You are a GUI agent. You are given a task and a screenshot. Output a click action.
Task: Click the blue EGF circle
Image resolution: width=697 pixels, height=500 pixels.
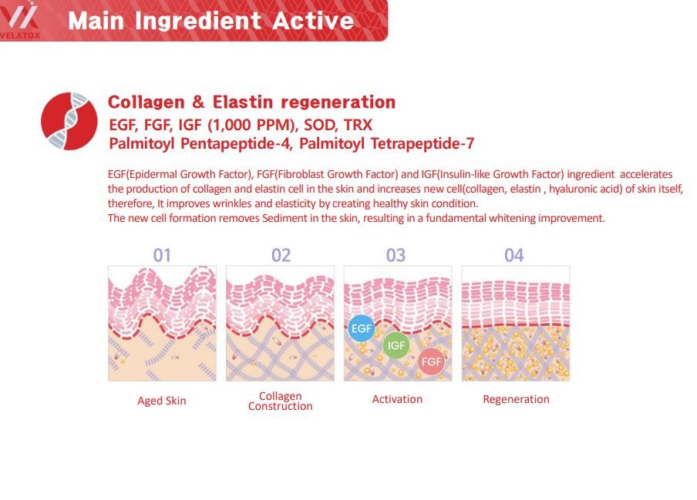click(x=362, y=328)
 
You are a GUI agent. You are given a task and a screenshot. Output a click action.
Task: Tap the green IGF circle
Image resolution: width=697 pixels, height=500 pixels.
click(x=396, y=345)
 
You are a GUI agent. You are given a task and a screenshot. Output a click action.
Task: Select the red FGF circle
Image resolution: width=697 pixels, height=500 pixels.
click(x=431, y=361)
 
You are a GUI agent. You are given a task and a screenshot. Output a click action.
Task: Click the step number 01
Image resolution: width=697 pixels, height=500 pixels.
click(x=162, y=255)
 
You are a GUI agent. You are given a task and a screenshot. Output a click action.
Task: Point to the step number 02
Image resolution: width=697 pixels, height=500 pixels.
click(x=281, y=255)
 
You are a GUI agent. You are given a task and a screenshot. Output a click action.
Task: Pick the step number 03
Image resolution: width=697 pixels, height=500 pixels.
click(x=396, y=255)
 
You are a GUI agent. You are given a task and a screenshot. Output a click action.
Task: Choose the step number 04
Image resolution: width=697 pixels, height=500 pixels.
click(x=513, y=255)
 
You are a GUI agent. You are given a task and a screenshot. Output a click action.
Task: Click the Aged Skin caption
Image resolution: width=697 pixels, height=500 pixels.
click(x=162, y=401)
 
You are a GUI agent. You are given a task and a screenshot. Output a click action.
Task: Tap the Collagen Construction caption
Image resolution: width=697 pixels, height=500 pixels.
click(x=281, y=401)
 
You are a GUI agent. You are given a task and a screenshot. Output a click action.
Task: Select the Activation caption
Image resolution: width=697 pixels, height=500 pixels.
click(x=397, y=399)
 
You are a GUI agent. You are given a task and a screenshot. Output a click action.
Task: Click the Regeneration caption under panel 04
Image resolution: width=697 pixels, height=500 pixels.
click(x=516, y=399)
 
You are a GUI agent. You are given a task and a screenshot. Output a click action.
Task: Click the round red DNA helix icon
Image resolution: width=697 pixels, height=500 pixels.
click(x=69, y=121)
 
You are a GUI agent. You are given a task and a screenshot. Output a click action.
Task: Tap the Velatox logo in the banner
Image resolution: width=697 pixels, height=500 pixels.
click(x=20, y=20)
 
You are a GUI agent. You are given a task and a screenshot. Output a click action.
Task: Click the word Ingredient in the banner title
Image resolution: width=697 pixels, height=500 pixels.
click(x=198, y=21)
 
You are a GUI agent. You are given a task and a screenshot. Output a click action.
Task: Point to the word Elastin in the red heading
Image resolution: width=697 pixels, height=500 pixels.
click(x=243, y=102)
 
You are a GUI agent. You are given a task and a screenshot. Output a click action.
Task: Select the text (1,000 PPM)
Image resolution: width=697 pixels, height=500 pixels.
click(x=252, y=126)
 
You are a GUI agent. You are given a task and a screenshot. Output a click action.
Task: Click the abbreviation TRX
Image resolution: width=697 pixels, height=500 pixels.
click(x=358, y=126)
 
